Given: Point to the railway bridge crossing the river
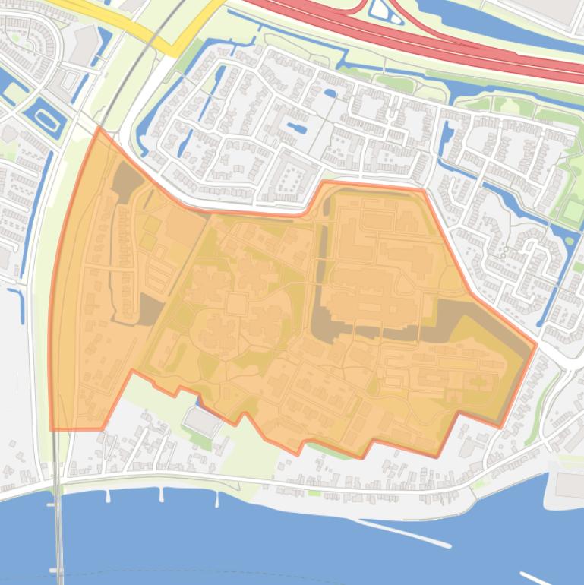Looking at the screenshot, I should (x=58, y=532).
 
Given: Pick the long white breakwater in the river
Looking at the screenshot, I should (x=402, y=533).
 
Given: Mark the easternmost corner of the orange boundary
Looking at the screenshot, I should (x=536, y=345).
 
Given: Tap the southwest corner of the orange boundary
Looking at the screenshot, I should (x=52, y=430).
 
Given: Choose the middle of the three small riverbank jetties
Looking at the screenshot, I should (x=161, y=495).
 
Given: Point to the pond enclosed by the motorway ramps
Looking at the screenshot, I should (x=380, y=10).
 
